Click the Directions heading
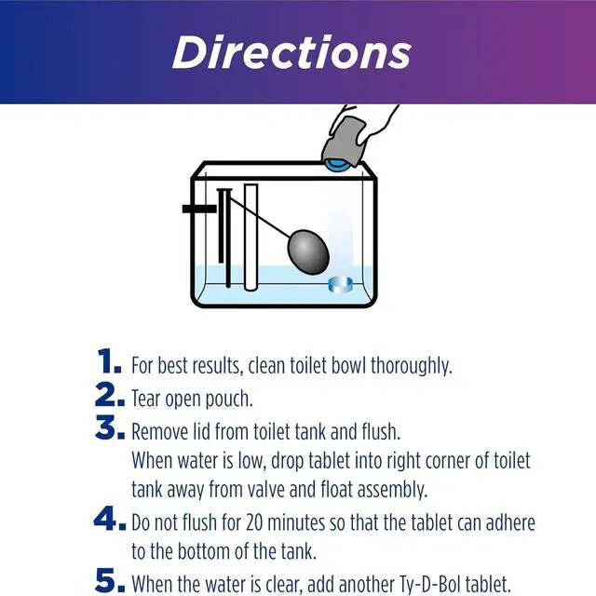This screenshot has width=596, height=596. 291,52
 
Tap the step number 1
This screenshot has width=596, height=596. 110,361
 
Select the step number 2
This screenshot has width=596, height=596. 110,395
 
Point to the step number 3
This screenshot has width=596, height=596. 110,427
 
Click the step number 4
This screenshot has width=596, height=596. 110,519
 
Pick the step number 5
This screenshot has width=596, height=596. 110,580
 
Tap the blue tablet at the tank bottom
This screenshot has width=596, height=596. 340,285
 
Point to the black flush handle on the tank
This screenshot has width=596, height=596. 199,209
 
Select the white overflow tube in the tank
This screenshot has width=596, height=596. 251,237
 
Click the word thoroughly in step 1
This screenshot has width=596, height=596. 412,366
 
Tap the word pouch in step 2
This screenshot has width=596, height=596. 229,400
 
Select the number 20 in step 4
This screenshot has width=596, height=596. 254,523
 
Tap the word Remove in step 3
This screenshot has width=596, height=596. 159,432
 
